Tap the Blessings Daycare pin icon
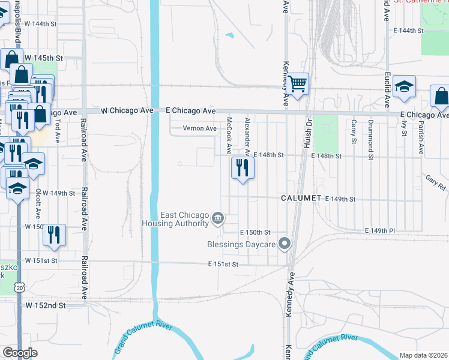pos(285,244)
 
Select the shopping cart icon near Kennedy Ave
pos(297,83)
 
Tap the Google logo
pos(20,353)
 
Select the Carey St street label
pos(355,132)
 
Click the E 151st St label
pos(223,264)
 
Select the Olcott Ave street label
pos(38,204)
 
